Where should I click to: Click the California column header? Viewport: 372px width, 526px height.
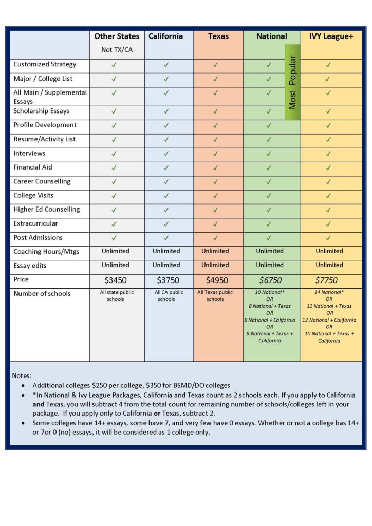pyautogui.click(x=165, y=36)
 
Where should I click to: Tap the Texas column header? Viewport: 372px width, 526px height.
pyautogui.click(x=218, y=36)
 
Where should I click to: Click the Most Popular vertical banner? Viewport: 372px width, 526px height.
pyautogui.click(x=292, y=82)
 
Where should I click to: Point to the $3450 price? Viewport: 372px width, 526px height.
pyautogui.click(x=115, y=280)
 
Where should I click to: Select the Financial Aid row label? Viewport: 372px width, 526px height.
pyautogui.click(x=33, y=167)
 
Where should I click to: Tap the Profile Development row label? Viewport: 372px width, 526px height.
pyautogui.click(x=45, y=125)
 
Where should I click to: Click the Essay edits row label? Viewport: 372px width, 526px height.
pyautogui.click(x=31, y=266)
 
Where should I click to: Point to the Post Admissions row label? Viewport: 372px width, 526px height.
pyautogui.click(x=38, y=238)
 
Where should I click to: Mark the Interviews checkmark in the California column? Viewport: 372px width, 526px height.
pyautogui.click(x=166, y=154)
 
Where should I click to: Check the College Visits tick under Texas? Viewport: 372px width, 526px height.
pyautogui.click(x=216, y=196)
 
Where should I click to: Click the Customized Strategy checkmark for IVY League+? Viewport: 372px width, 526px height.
pyautogui.click(x=328, y=65)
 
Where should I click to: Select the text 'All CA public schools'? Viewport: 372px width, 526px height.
pyautogui.click(x=166, y=296)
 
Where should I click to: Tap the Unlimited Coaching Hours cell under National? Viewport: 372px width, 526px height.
pyautogui.click(x=270, y=251)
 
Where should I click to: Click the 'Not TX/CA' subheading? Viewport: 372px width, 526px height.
pyautogui.click(x=117, y=50)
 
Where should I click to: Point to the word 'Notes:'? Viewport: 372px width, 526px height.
pyautogui.click(x=22, y=376)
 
